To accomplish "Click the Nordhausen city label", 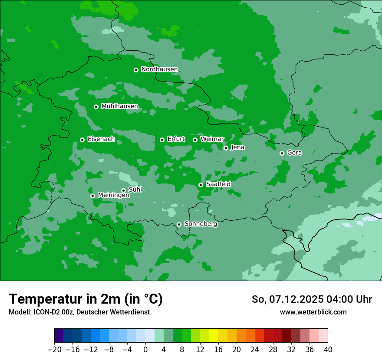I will (x=159, y=69).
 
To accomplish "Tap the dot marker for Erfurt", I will (x=162, y=140).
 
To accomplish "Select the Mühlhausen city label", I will (x=119, y=106).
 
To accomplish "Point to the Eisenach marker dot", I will (x=82, y=140).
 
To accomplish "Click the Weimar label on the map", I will (x=212, y=139).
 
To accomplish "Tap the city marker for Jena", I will (x=226, y=148).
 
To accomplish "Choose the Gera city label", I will (x=294, y=153).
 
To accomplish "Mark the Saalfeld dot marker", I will (x=201, y=185).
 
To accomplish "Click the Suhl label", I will (x=135, y=190).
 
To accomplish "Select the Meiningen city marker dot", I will (x=92, y=196).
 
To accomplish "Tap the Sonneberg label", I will (x=201, y=224).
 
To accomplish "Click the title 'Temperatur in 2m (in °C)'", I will (x=86, y=299).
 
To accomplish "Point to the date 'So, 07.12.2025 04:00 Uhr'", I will (x=312, y=299).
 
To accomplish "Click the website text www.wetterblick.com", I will (x=313, y=312).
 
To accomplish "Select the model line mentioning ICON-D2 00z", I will (x=79, y=312).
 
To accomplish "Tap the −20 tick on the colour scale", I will (x=55, y=350).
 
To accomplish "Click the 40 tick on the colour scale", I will (x=328, y=350).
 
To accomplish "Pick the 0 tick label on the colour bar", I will (x=145, y=350).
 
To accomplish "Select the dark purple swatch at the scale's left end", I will (x=59, y=336).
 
